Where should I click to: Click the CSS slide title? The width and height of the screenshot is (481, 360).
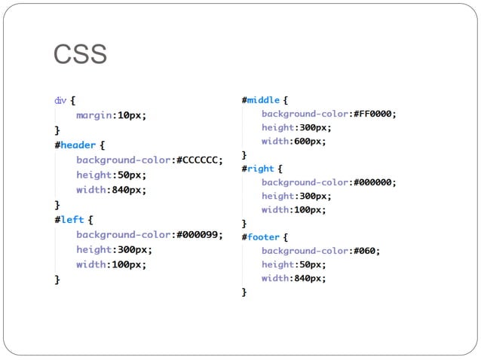(x=80, y=55)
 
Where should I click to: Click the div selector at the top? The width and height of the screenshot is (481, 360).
(x=60, y=99)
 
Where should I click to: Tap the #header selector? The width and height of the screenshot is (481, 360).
(x=75, y=145)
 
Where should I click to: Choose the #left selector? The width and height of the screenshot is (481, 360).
(x=69, y=220)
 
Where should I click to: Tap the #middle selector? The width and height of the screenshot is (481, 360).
(x=261, y=99)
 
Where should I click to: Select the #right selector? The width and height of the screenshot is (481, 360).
(x=258, y=168)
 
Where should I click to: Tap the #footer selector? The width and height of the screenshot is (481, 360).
(x=260, y=236)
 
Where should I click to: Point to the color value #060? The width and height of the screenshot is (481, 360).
(x=365, y=251)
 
